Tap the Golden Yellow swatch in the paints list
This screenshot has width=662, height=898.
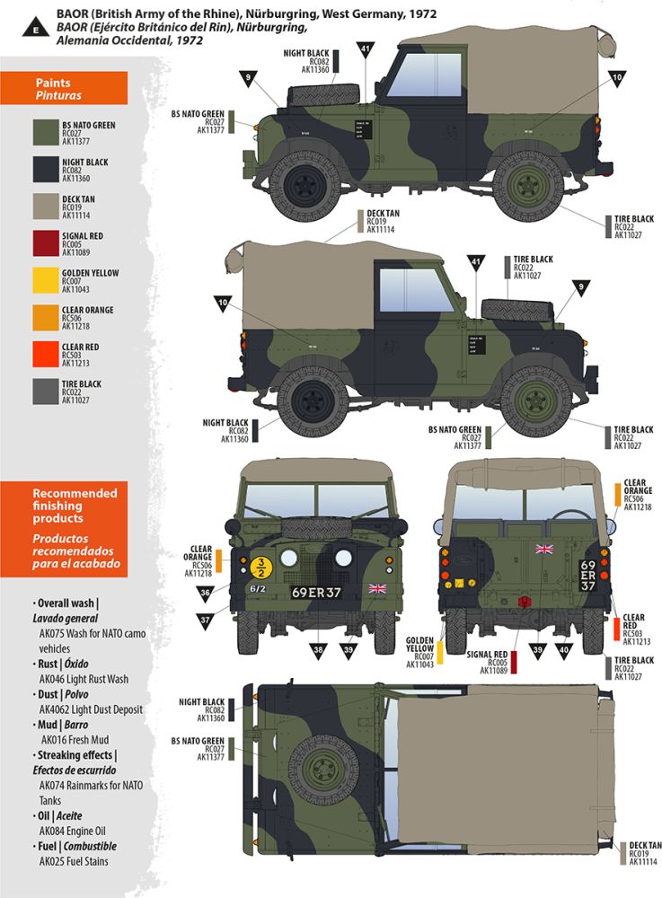43,281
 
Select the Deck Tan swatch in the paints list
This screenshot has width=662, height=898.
43,207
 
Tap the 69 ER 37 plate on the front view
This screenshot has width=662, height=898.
316,593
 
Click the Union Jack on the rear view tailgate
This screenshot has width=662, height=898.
543,549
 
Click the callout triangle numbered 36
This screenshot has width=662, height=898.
206,594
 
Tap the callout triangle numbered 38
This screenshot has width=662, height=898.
317,649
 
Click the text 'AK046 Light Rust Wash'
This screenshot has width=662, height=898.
84,679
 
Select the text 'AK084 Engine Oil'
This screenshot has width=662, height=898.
78,831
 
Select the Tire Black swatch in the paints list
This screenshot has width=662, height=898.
43,392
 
